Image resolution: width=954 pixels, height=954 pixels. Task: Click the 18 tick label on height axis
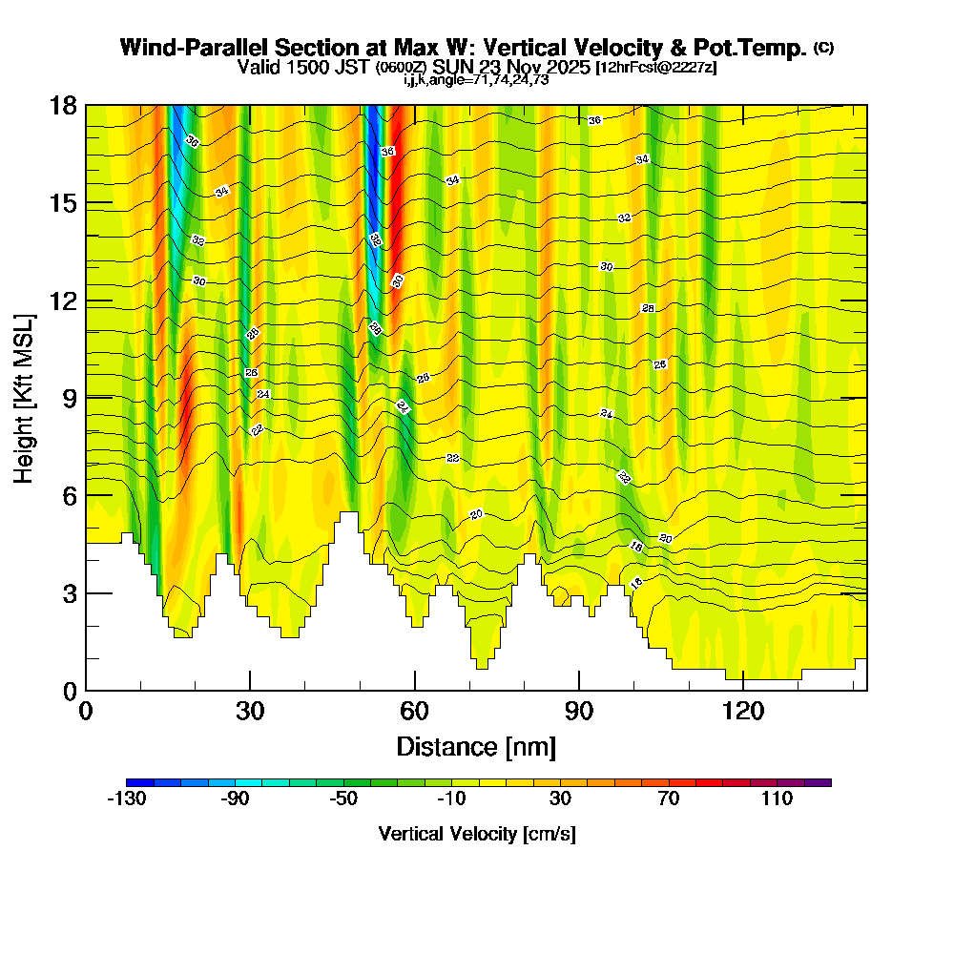[x=63, y=105]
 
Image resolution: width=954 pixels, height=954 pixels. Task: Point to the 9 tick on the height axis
[x=86, y=398]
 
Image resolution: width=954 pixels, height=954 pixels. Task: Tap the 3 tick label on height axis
[x=70, y=593]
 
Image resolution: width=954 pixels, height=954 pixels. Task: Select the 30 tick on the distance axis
[x=250, y=690]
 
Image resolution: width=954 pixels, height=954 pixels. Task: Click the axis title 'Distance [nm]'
[x=476, y=746]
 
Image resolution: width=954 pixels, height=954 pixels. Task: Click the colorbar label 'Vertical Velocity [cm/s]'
[x=477, y=834]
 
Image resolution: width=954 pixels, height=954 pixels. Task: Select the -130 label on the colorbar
[x=126, y=798]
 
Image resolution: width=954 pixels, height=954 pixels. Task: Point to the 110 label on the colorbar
[x=777, y=798]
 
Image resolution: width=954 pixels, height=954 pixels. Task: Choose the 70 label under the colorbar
[x=668, y=798]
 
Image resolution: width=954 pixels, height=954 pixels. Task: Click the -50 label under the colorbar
[x=343, y=798]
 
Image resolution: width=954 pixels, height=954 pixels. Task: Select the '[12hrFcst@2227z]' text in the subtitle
[x=655, y=68]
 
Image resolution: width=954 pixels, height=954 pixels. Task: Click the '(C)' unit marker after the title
[x=824, y=48]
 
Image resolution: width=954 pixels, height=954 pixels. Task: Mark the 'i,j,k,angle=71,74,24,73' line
[x=476, y=80]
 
